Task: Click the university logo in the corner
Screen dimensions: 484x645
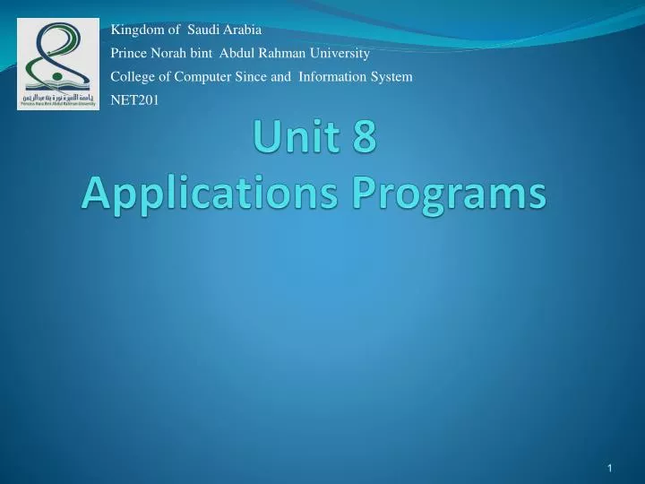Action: coord(58,65)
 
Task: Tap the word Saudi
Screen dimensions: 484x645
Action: coord(203,29)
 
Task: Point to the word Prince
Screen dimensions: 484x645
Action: coord(127,53)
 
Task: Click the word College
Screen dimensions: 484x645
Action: coord(131,77)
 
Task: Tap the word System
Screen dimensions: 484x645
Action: coord(393,77)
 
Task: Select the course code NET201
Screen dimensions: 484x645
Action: coord(133,100)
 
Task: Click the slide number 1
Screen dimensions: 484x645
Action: coord(609,470)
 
